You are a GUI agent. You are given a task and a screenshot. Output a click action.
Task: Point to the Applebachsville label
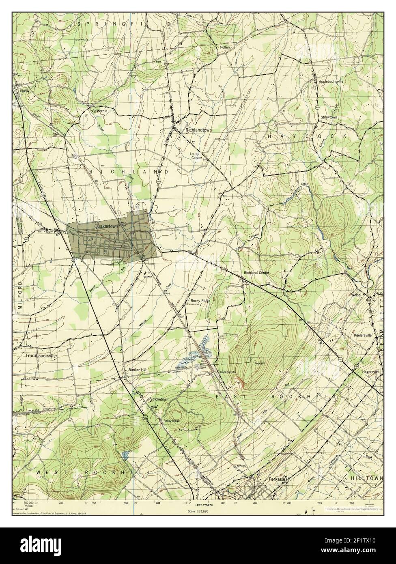pos(331,81)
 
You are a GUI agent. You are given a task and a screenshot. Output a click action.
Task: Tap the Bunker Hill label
pos(136,370)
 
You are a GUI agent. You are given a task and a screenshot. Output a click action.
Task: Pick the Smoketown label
pos(159,399)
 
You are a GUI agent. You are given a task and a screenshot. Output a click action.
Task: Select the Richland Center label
pos(256,273)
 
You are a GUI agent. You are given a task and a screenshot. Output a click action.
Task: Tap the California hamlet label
pos(99,111)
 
